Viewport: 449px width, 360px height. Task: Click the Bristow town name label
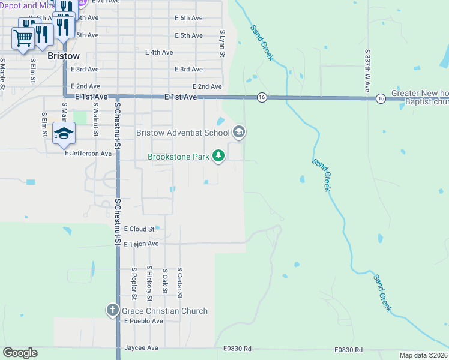63,56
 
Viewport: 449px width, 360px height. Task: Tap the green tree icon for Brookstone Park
219,157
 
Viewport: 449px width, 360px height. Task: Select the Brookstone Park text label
179,157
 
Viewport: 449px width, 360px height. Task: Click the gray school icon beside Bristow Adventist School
239,132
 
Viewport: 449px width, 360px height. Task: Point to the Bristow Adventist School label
182,133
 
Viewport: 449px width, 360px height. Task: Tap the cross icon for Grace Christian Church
112,310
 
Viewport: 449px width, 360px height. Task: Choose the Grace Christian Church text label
164,311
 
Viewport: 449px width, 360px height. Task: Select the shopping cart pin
23,38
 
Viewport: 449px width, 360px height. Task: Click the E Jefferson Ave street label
88,154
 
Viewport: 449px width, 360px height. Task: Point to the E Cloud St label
139,229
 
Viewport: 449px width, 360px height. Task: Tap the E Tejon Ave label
141,244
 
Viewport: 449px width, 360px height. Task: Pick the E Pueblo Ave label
143,321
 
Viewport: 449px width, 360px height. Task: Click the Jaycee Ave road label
141,348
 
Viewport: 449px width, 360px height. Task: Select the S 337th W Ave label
367,71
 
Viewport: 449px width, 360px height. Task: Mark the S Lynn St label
222,43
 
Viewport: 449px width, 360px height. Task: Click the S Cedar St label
179,282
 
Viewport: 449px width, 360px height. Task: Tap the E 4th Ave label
159,52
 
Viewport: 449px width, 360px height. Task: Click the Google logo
20,353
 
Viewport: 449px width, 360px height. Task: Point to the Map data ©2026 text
423,355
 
